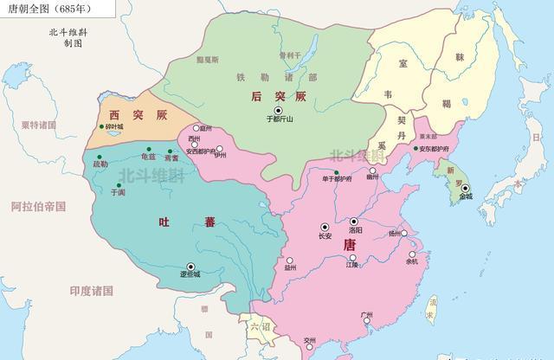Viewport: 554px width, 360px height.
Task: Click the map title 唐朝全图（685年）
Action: click(44, 8)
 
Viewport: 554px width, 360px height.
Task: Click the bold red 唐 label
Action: click(350, 245)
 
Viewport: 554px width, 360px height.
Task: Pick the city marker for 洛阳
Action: click(354, 222)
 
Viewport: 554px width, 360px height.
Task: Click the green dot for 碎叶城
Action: click(102, 127)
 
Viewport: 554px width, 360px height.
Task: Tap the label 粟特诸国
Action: click(39, 125)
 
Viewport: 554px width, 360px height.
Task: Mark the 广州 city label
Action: click(366, 316)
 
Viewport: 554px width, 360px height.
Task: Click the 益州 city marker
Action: click(290, 260)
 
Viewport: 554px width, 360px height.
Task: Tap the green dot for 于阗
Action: click(118, 184)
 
